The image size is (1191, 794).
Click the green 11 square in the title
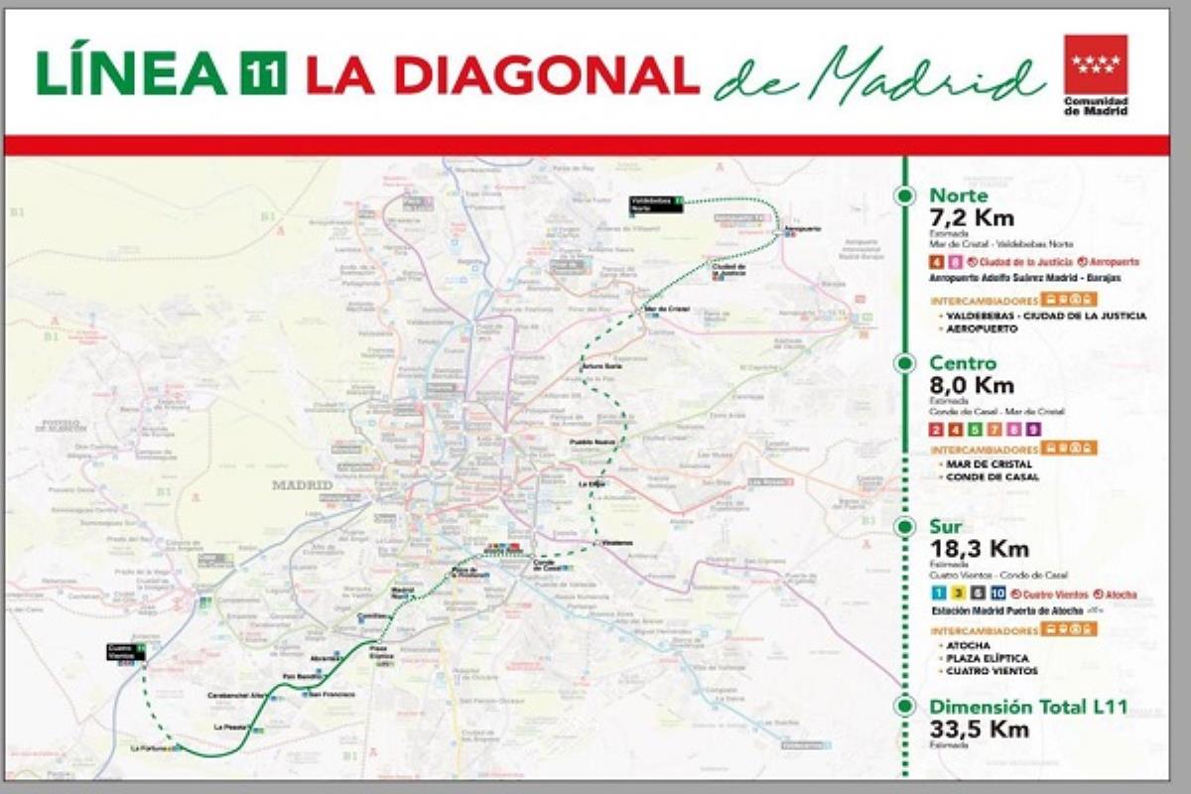tap(264, 75)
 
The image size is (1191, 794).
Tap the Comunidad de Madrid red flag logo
tap(1095, 65)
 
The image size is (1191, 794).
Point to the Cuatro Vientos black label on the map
tap(126, 651)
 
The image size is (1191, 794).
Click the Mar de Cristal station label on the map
tap(666, 309)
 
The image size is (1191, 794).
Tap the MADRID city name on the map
tap(302, 485)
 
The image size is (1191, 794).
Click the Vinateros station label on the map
tap(616, 543)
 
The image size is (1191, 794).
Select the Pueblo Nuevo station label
tap(592, 442)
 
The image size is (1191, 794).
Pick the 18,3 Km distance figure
tap(978, 549)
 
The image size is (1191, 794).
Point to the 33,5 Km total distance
tap(979, 729)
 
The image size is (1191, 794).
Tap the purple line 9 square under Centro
tap(1033, 430)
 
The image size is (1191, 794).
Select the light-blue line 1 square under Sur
tap(936, 594)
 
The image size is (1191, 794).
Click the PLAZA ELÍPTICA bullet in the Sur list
tap(989, 658)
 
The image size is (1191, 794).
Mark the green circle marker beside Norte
tap(904, 196)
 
